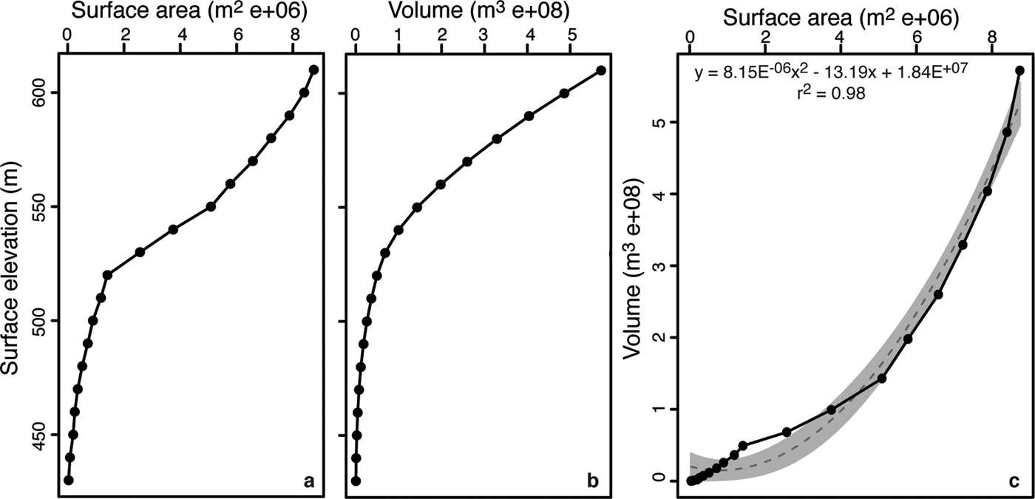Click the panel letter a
[x=309, y=481]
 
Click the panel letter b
[x=592, y=481]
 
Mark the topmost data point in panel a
[x=313, y=69]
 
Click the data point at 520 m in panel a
[x=107, y=275]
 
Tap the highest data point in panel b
[x=601, y=70]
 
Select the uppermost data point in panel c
[x=1020, y=70]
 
